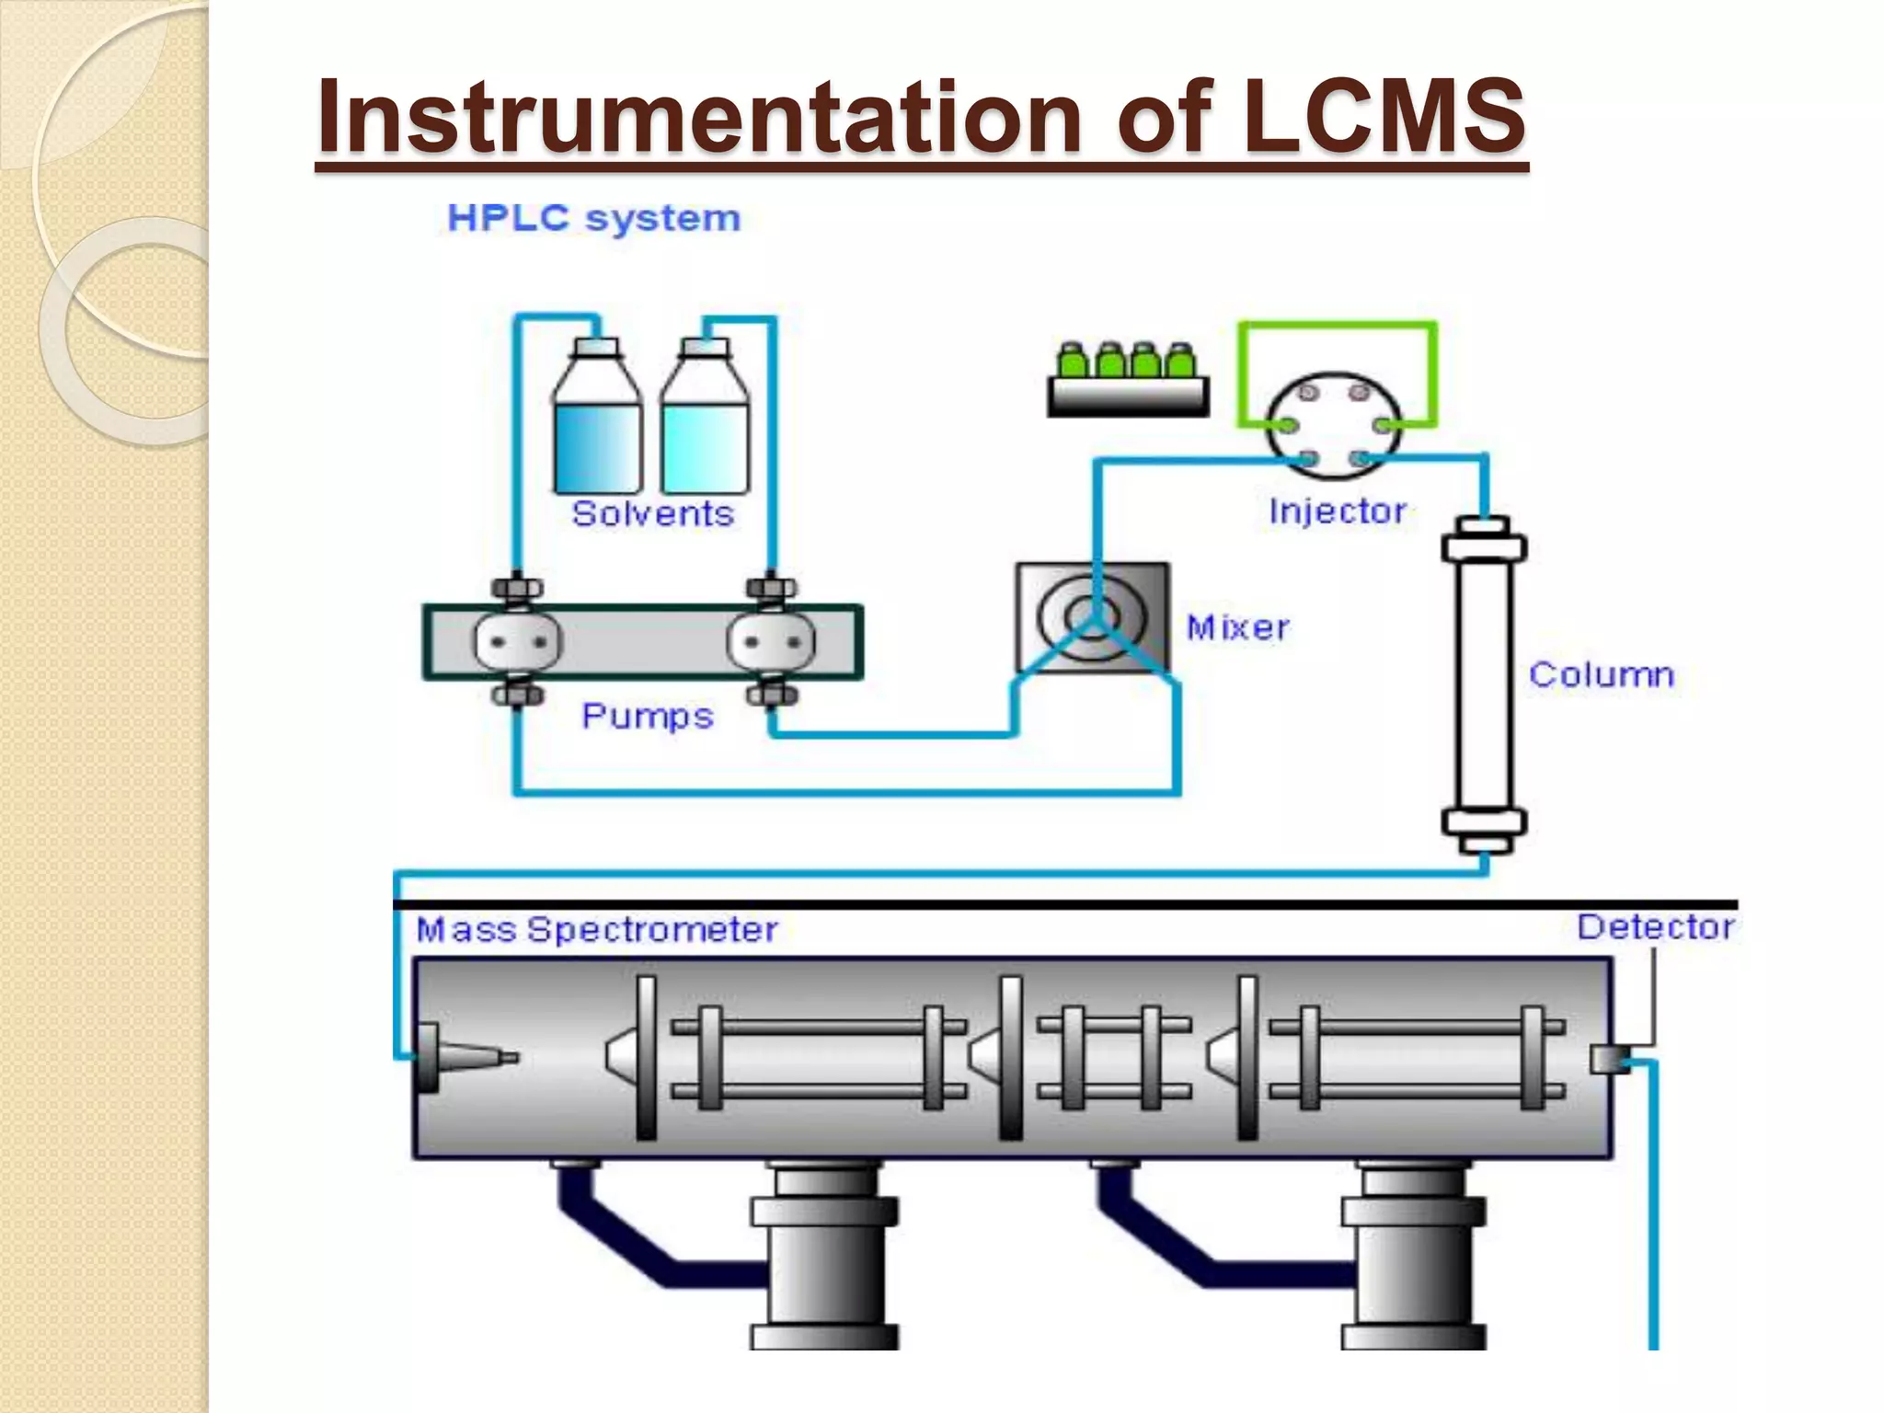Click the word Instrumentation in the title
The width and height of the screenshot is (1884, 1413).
(x=699, y=116)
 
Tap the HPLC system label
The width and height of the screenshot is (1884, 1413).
(x=593, y=219)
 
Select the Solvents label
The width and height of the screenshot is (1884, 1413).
(x=652, y=513)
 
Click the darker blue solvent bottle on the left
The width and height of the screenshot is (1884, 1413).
(x=596, y=432)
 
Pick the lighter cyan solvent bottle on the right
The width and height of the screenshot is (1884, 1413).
(x=705, y=432)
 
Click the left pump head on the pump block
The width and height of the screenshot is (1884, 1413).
(x=517, y=641)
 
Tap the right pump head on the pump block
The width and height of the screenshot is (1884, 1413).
(x=771, y=641)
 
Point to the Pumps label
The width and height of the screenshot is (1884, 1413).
(x=647, y=716)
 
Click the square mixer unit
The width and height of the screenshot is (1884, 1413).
(x=1092, y=617)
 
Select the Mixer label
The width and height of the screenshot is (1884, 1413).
(x=1237, y=627)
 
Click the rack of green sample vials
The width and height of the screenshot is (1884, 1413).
(x=1128, y=382)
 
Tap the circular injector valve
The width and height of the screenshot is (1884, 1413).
(x=1334, y=426)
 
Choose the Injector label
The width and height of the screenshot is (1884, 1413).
(x=1338, y=511)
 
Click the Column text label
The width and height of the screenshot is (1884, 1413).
(x=1601, y=674)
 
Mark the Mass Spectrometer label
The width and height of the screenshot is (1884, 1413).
(x=597, y=930)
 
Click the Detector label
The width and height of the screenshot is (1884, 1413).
(x=1655, y=927)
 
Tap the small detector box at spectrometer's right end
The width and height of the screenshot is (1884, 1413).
(x=1606, y=1059)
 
